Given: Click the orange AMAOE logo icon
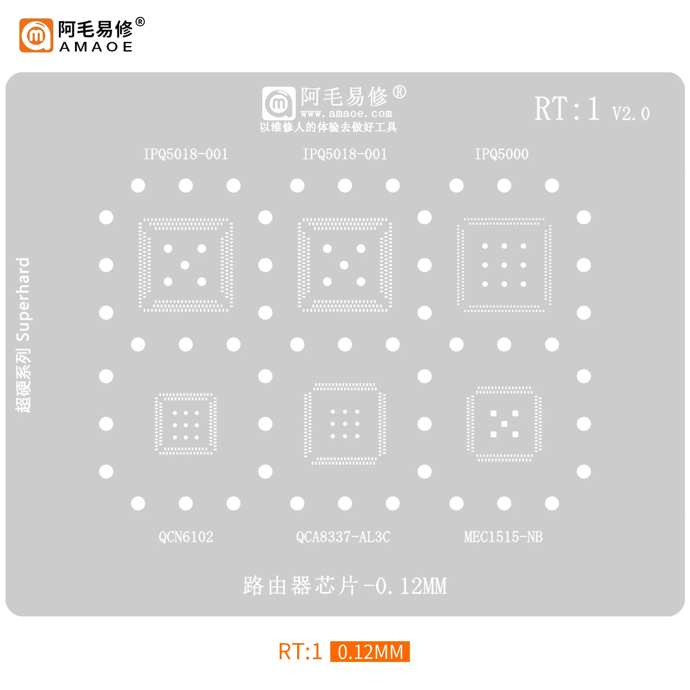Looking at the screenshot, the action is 36,35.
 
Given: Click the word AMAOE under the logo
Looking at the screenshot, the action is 96,47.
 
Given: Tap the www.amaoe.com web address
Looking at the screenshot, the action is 346,113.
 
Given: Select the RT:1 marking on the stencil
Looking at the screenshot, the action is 567,109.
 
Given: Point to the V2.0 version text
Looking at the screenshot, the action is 631,114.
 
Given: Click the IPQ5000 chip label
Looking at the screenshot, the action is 501,154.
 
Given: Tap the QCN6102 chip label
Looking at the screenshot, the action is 186,537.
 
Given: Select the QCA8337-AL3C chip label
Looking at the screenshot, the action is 343,537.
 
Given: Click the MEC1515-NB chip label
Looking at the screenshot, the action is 503,537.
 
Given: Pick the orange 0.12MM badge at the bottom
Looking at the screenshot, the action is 370,652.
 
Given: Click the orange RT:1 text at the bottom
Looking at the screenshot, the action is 300,652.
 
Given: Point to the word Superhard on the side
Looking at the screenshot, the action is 23,299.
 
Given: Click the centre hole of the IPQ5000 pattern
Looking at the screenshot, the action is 504,265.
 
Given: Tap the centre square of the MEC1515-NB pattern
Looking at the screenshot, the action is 504,424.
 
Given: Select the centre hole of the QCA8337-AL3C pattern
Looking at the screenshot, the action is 345,424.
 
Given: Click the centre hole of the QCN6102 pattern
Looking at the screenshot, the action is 186,425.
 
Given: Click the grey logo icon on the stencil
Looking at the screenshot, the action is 279,103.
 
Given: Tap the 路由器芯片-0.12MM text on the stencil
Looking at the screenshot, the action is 345,586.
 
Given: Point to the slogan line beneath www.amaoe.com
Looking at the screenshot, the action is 328,127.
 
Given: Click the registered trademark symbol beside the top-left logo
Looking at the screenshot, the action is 140,22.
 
